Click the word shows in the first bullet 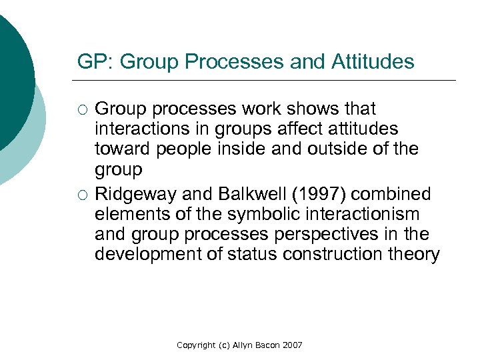[x=313, y=108]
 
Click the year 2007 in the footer [x=291, y=345]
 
